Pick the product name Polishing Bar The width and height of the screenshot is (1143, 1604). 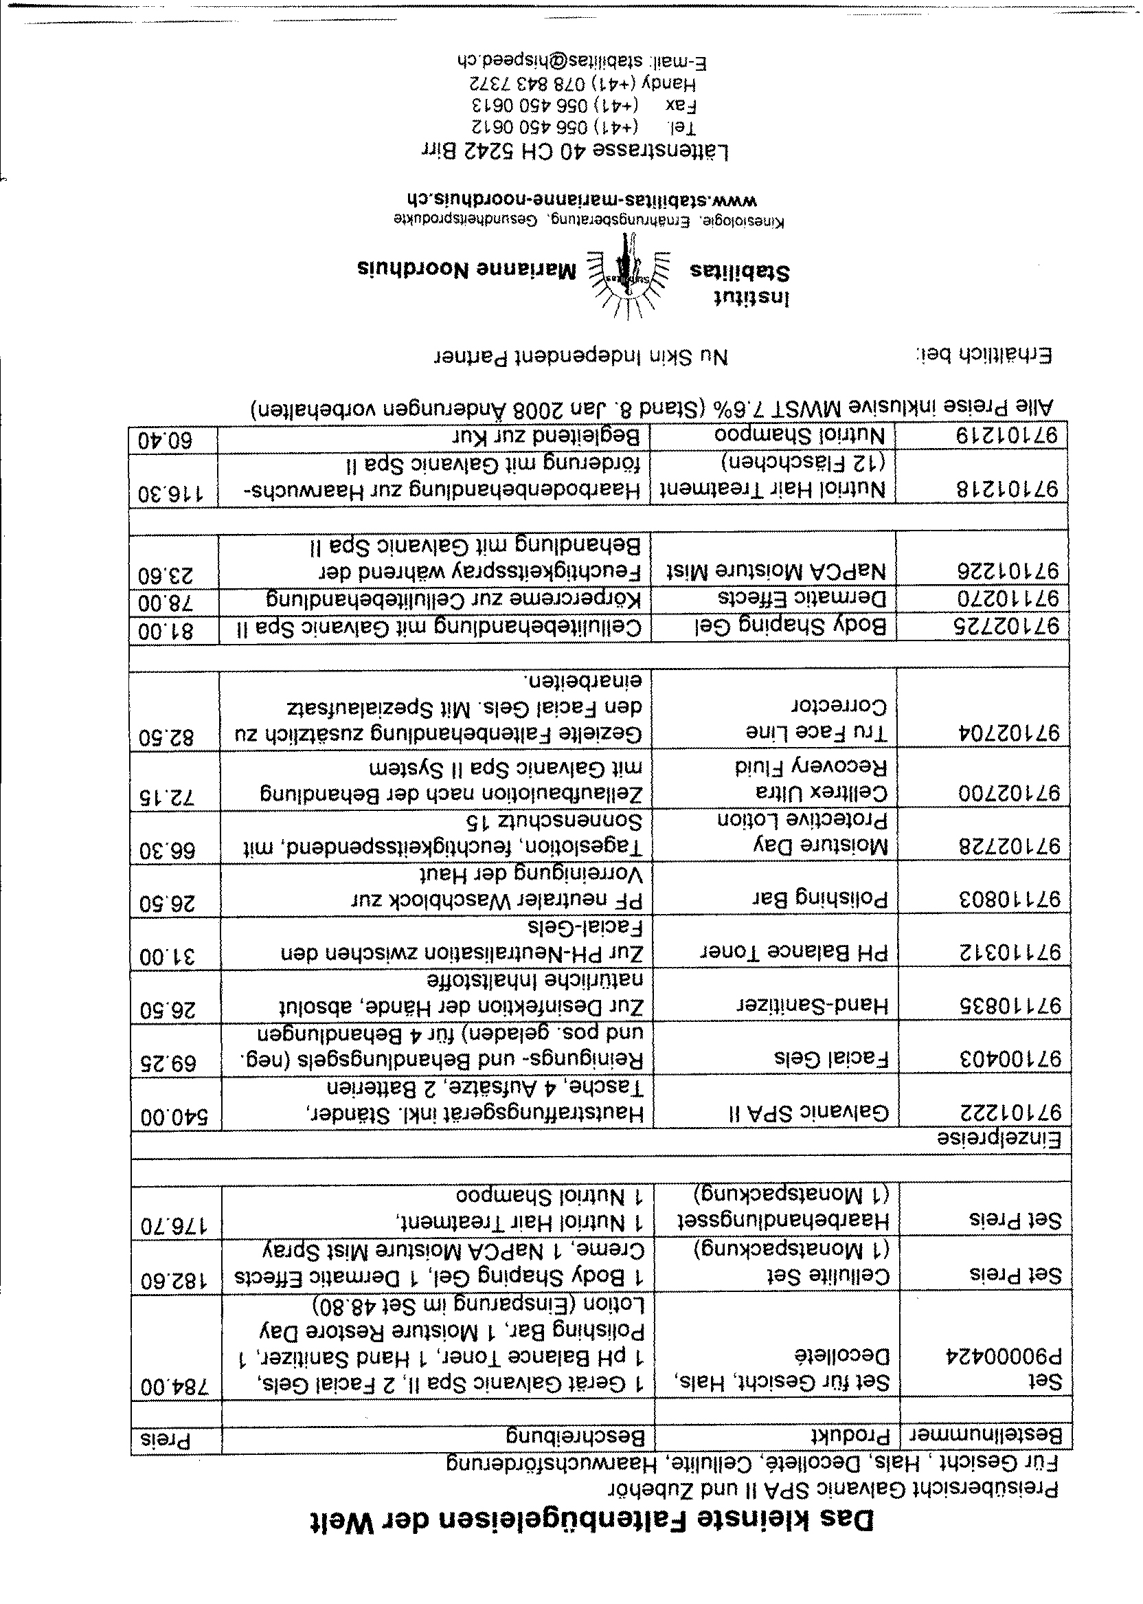820,899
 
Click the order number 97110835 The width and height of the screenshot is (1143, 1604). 1009,1007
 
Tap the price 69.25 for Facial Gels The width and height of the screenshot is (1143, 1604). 170,1061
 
